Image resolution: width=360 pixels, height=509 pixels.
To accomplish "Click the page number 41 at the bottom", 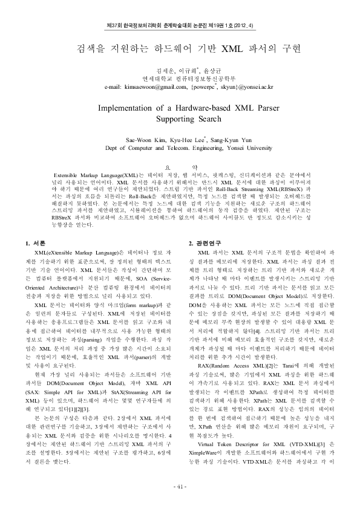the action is pyautogui.click(x=180, y=488).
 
